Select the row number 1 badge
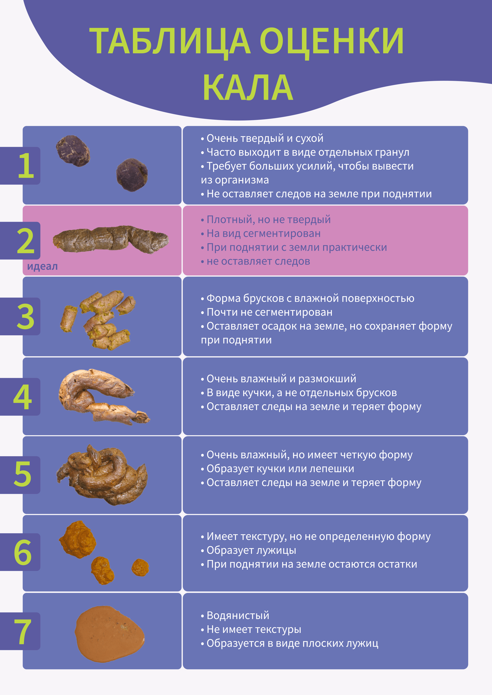click(20, 166)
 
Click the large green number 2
click(26, 241)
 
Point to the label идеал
click(42, 266)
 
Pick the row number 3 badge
click(20, 316)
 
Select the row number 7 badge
click(20, 631)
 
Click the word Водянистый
click(238, 615)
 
